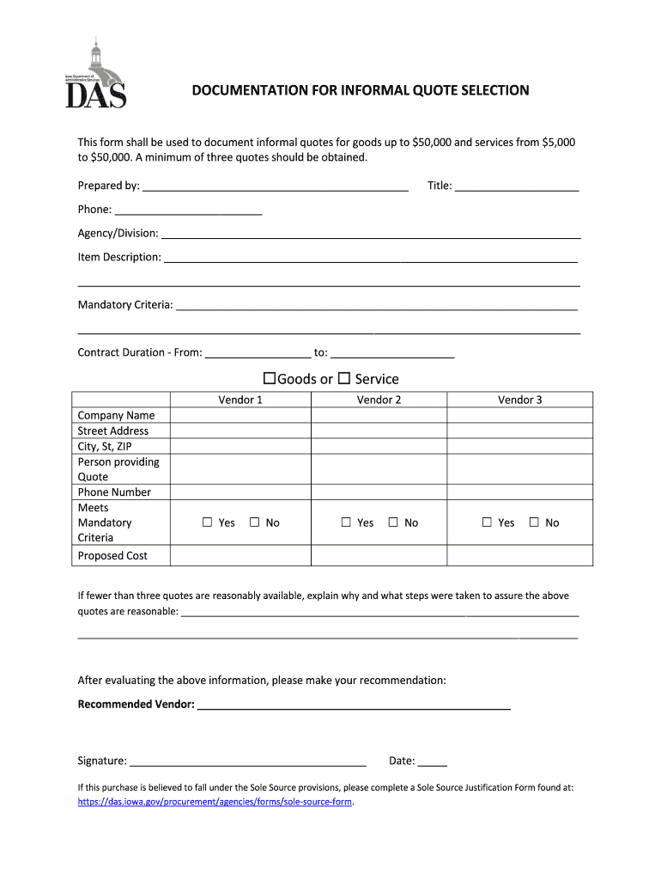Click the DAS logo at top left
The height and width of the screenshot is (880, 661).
point(96,75)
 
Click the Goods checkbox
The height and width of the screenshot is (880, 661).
point(269,378)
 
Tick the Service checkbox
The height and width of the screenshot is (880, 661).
point(343,378)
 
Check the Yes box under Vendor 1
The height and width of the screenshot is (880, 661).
point(207,522)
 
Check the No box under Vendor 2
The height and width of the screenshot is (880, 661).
point(393,522)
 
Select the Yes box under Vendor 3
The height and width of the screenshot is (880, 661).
point(487,522)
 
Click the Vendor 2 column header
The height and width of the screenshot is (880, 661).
point(379,400)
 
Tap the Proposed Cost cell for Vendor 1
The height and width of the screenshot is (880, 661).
point(240,556)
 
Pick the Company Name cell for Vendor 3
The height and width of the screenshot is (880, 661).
point(519,415)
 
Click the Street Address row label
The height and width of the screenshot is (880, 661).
point(113,431)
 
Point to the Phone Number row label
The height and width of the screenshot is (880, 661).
point(114,492)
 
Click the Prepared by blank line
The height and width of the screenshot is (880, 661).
point(275,186)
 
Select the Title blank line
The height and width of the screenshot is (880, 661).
point(517,186)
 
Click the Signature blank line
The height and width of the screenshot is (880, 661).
point(247,761)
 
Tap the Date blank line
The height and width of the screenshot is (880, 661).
point(433,761)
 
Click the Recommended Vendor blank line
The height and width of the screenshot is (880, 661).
point(354,706)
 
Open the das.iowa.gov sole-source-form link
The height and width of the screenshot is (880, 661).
point(215,802)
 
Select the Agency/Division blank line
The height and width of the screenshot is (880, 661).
point(371,234)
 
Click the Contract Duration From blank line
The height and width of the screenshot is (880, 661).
point(258,353)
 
